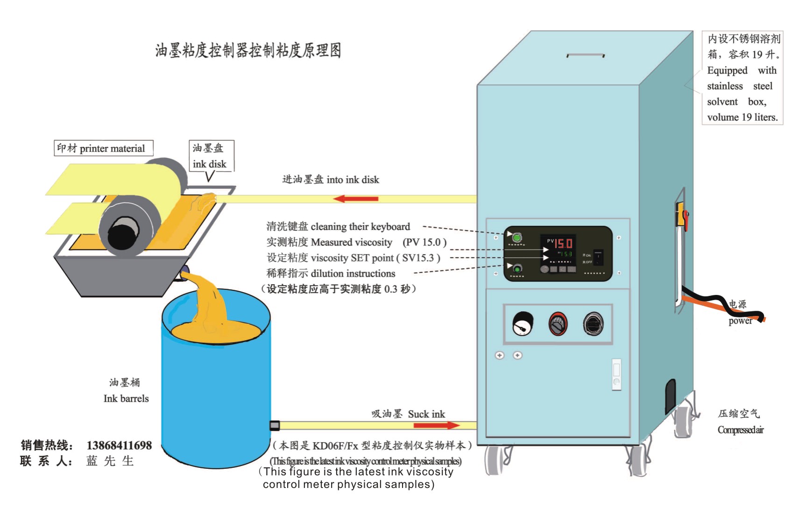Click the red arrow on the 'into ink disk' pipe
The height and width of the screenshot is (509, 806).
coord(356,199)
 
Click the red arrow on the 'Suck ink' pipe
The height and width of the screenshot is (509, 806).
coord(437,425)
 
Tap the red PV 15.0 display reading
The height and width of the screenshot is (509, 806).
coord(563,243)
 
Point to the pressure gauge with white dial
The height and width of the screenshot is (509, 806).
coord(523,323)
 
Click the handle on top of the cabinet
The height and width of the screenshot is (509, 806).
coord(586,55)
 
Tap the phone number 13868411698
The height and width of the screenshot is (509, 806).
coord(119,445)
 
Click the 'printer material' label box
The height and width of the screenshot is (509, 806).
coord(104,148)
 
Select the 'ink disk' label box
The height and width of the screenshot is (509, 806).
coord(211,156)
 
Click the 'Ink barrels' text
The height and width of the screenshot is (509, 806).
coord(126,399)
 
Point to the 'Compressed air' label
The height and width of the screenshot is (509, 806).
coord(741,430)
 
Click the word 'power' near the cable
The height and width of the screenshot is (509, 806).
coord(740,321)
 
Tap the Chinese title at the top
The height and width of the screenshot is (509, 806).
coord(248,50)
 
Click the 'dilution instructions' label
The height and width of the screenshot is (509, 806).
coord(331,273)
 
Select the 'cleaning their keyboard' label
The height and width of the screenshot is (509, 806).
coord(338,227)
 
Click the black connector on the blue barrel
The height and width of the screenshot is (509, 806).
coord(275,425)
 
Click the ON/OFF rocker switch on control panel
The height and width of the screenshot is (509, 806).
coord(598,257)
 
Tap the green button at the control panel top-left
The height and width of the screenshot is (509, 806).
coord(516,238)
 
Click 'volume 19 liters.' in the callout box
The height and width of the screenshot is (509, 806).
coord(742,117)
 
